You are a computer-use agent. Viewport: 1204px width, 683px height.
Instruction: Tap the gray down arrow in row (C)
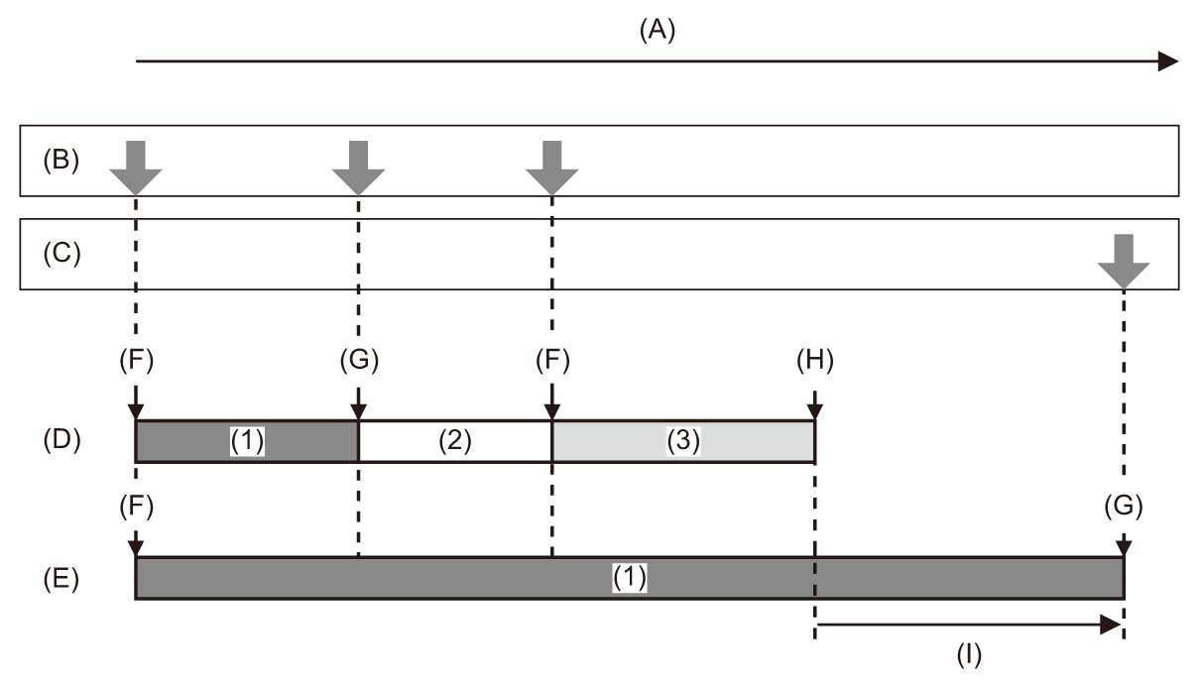point(1124,259)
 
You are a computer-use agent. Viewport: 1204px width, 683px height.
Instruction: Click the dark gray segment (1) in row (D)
point(247,441)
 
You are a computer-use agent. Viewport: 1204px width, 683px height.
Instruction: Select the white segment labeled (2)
point(454,441)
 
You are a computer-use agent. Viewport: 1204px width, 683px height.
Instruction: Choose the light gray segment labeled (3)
point(682,441)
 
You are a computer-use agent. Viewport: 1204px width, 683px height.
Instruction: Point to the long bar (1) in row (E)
point(629,578)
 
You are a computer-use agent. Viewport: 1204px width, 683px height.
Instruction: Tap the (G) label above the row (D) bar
point(358,362)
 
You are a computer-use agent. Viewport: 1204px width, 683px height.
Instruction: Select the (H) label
point(815,362)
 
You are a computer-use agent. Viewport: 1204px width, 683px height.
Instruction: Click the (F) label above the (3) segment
point(551,362)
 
